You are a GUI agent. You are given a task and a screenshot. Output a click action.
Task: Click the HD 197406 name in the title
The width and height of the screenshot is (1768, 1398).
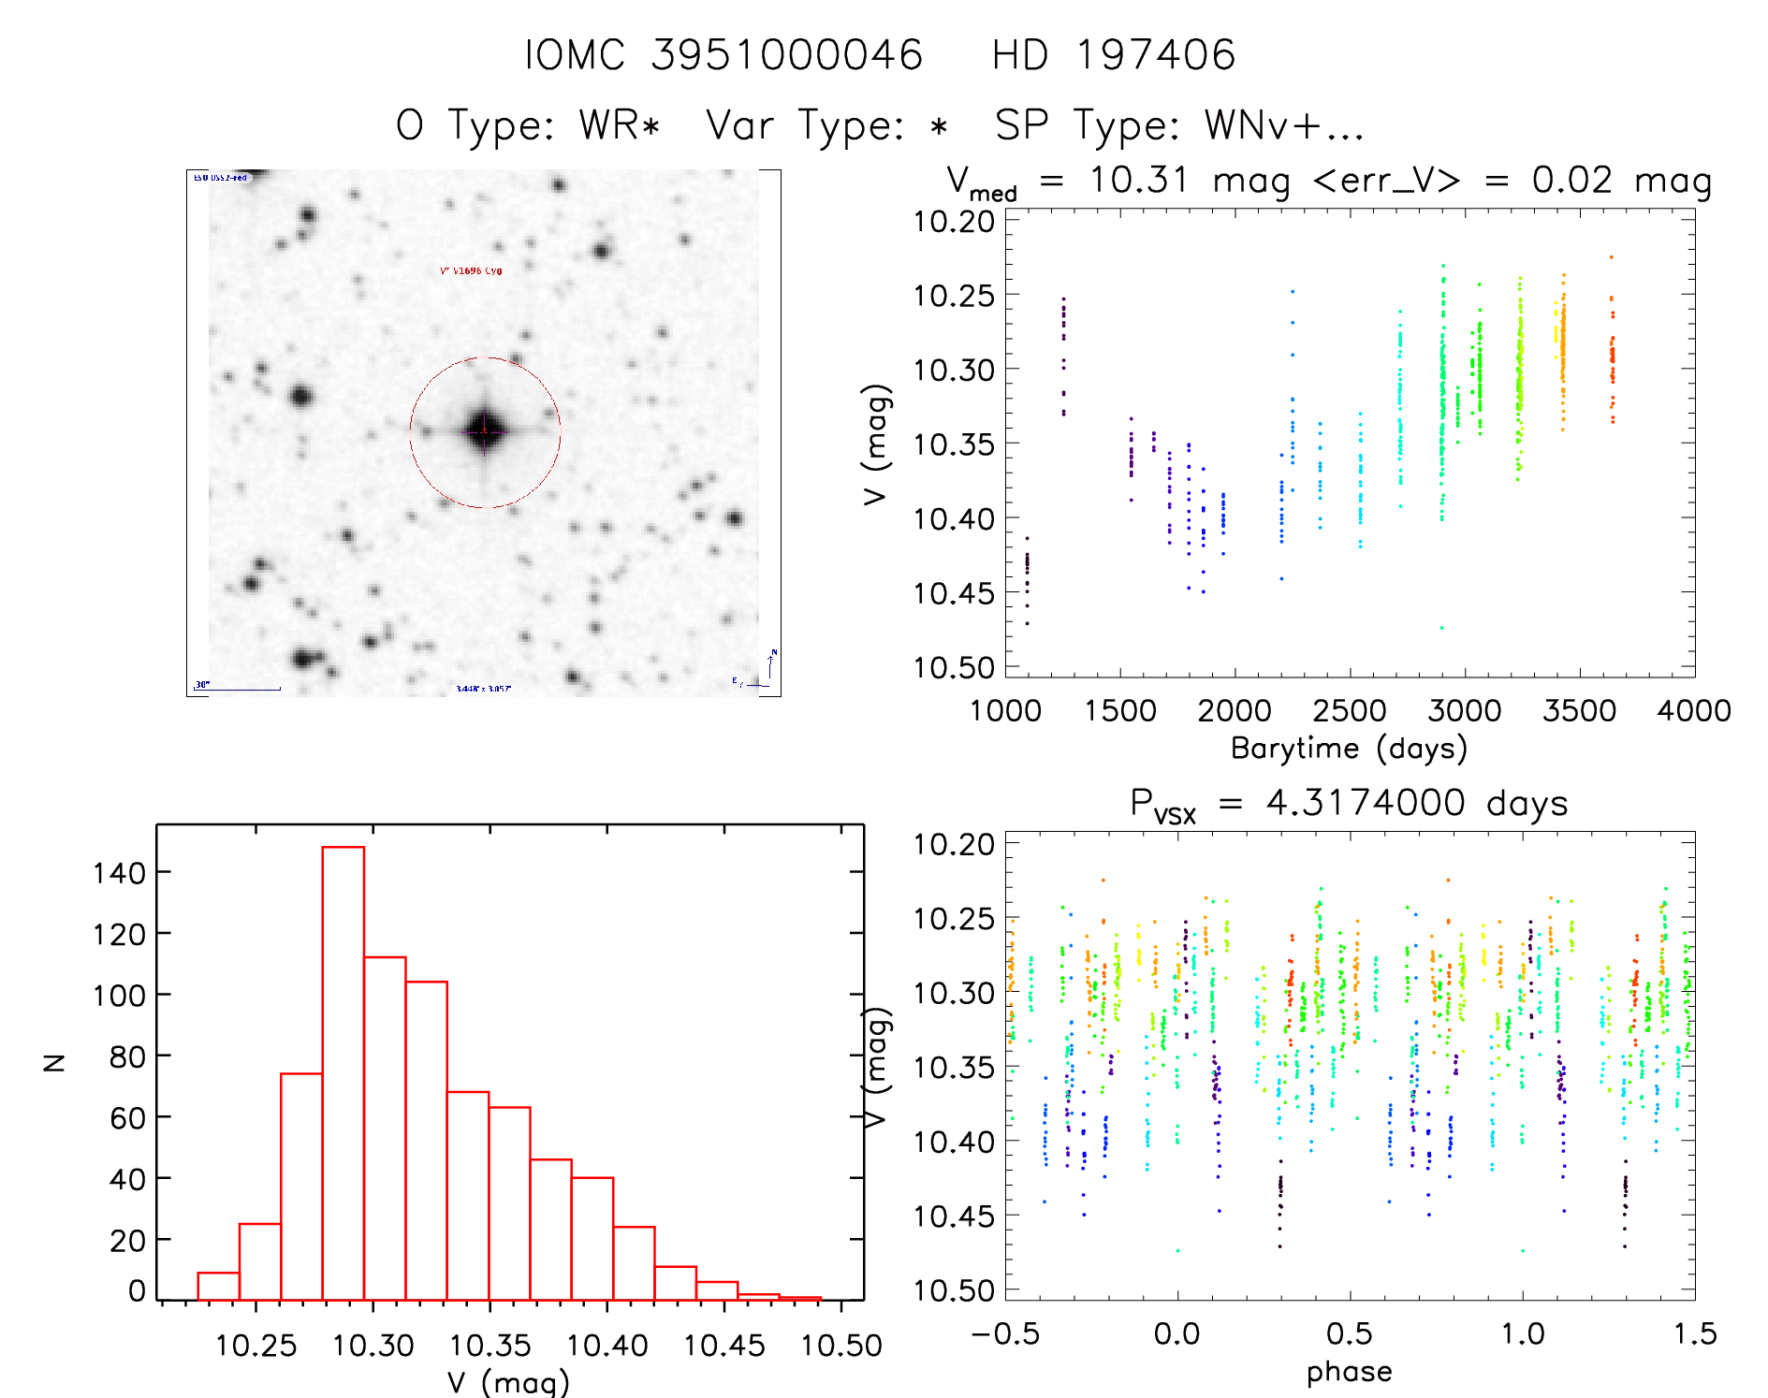tap(1113, 55)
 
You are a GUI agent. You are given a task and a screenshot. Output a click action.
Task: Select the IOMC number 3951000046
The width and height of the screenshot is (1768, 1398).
tap(786, 55)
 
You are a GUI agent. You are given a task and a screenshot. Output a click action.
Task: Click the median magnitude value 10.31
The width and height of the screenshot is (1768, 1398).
tap(1138, 180)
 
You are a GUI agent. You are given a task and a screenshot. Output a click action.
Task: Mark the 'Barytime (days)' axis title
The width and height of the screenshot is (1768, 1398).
tap(1349, 749)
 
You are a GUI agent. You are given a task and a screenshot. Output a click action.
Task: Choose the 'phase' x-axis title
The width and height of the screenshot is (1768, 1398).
tap(1349, 1372)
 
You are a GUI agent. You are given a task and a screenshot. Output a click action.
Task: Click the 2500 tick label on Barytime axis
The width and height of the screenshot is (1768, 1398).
tap(1350, 710)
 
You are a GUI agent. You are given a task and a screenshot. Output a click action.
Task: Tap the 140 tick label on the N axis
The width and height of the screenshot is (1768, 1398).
tap(120, 873)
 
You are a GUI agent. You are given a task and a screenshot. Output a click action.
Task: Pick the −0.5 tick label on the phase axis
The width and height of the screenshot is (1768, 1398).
tap(1004, 1333)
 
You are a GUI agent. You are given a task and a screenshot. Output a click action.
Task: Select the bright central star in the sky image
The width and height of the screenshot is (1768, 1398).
tap(485, 431)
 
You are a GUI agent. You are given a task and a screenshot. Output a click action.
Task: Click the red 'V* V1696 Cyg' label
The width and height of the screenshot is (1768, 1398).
tap(471, 271)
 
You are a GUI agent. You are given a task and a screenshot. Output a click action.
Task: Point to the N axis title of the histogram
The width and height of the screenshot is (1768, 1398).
tap(54, 1062)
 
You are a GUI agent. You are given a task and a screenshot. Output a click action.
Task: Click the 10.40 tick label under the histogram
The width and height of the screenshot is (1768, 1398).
tap(607, 1346)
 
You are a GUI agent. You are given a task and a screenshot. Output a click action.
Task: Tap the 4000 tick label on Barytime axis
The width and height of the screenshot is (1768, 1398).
tap(1693, 710)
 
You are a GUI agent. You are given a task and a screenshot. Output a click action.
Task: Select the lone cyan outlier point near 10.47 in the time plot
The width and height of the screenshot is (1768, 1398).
tap(1441, 628)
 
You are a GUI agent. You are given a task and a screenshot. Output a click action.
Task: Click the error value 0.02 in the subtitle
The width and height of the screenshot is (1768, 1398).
tap(1572, 180)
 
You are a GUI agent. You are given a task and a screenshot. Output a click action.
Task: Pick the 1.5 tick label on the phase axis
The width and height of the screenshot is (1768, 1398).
tap(1695, 1333)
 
